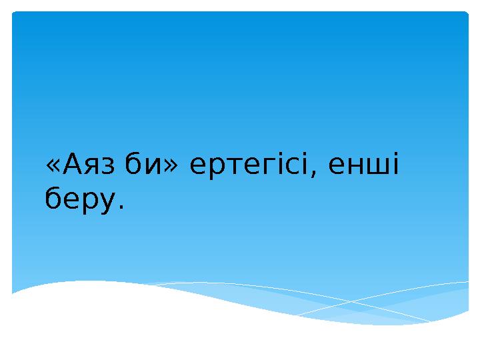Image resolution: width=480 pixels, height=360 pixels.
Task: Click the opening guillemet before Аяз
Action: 52,167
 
